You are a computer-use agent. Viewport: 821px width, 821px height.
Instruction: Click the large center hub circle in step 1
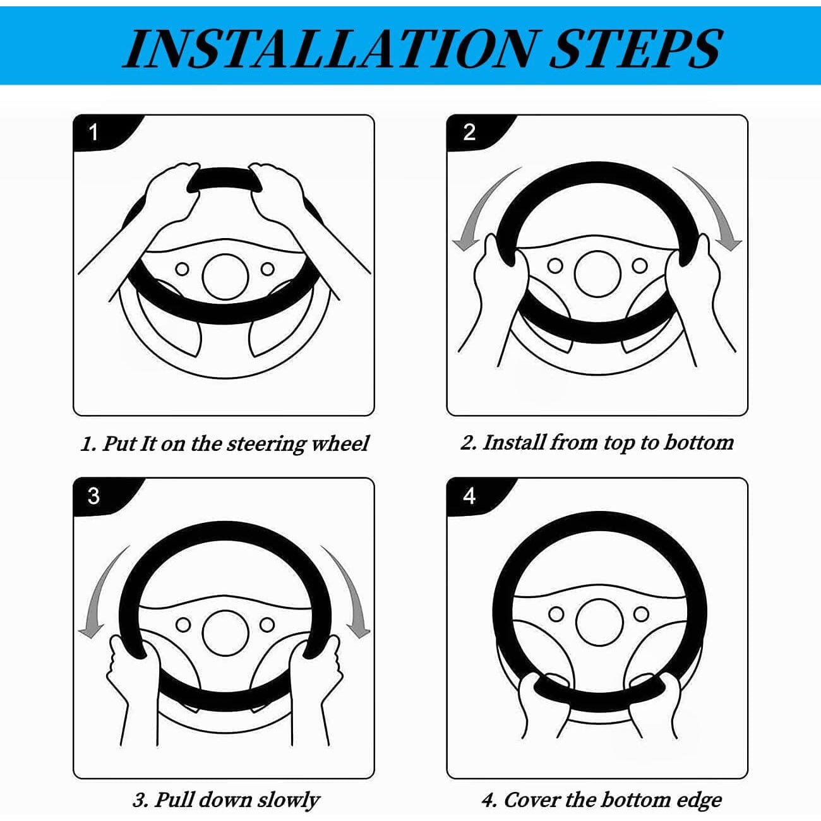[x=225, y=277]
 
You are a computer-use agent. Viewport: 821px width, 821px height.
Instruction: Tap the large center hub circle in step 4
[x=598, y=621]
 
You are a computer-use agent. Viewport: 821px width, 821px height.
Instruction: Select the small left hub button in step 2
[x=554, y=266]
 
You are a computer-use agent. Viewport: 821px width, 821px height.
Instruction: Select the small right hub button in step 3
[x=267, y=625]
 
